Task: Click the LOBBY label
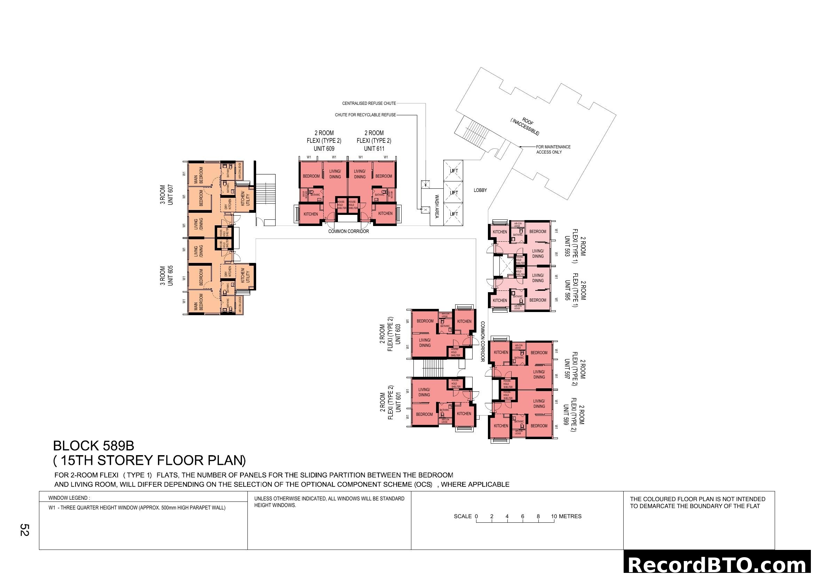[480, 190]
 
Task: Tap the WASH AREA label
[437, 207]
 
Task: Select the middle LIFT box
[453, 193]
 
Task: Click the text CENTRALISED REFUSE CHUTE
[369, 103]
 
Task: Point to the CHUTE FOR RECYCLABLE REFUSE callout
[365, 115]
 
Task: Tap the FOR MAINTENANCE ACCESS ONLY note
[553, 149]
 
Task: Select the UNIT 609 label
[324, 149]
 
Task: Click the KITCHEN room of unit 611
[385, 213]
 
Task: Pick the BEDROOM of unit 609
[311, 176]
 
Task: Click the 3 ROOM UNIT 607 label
[166, 195]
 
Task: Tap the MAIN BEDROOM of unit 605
[198, 302]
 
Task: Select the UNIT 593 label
[567, 247]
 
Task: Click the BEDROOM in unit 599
[539, 426]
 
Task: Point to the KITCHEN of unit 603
[464, 321]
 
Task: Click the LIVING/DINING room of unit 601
[424, 392]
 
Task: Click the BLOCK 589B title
[94, 445]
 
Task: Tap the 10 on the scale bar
[554, 516]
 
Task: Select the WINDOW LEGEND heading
[69, 498]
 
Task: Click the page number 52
[24, 530]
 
